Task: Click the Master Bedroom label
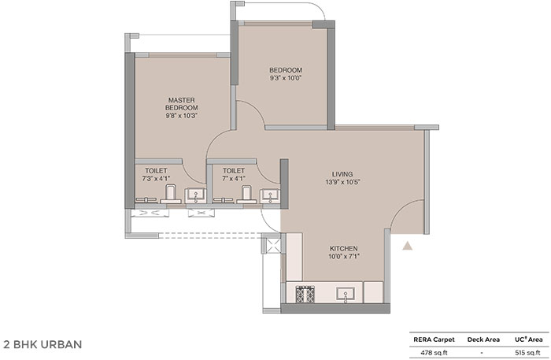coord(182,104)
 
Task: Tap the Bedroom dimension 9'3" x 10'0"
coord(286,78)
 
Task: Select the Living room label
coord(342,174)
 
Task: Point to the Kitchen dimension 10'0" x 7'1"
coord(344,256)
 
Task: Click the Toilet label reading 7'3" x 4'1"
coord(156,174)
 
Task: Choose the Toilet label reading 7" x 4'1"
coord(234,174)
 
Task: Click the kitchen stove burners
coord(305,295)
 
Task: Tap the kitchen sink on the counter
coord(345,295)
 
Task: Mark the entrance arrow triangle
coord(407,246)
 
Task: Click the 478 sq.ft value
coord(434,353)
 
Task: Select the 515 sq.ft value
coord(528,353)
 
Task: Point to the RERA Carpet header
coord(434,340)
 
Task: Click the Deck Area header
coord(483,340)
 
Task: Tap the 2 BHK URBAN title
coord(43,344)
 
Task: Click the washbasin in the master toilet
coord(195,195)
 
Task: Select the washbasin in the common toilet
coord(270,195)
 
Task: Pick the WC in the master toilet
coord(171,194)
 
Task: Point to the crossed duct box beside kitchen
coord(274,245)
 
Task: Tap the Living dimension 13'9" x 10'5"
coord(343,182)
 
